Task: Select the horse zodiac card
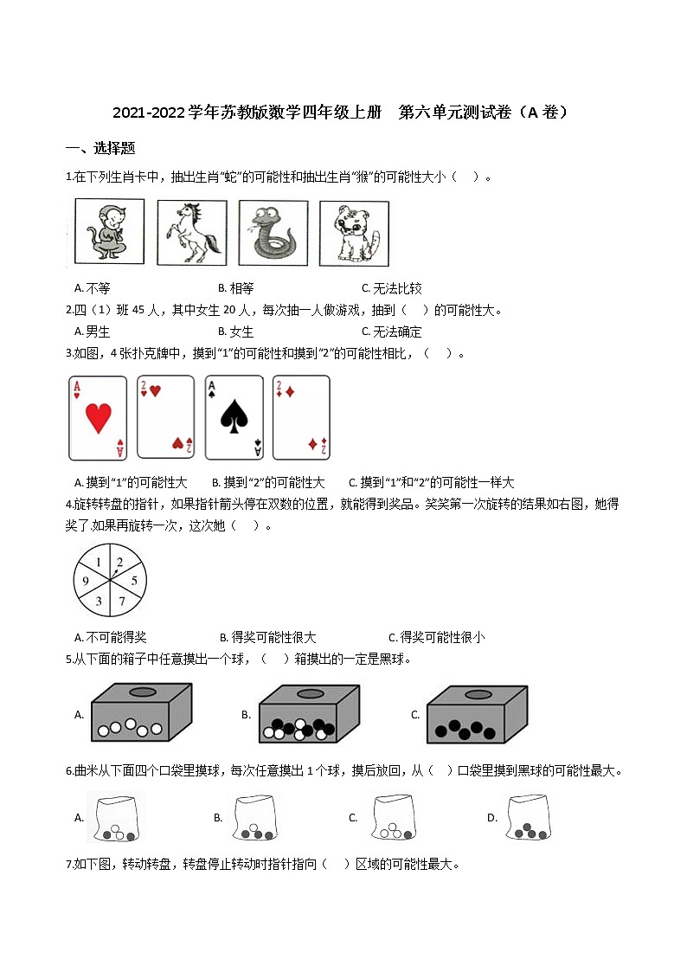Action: click(x=191, y=233)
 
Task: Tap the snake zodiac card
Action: click(x=273, y=233)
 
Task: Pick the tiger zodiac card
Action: click(x=354, y=233)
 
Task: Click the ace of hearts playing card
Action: click(x=98, y=418)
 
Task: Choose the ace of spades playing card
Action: click(x=234, y=418)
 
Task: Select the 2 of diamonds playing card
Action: click(x=301, y=418)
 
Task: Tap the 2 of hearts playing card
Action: click(x=166, y=418)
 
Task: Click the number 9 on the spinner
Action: click(x=86, y=581)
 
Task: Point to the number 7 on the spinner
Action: click(x=122, y=600)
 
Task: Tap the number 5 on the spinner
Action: click(x=133, y=581)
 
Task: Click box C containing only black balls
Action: click(x=477, y=714)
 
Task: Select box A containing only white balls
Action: click(x=141, y=714)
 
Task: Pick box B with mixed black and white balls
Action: click(x=309, y=714)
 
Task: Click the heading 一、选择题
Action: click(x=100, y=148)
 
